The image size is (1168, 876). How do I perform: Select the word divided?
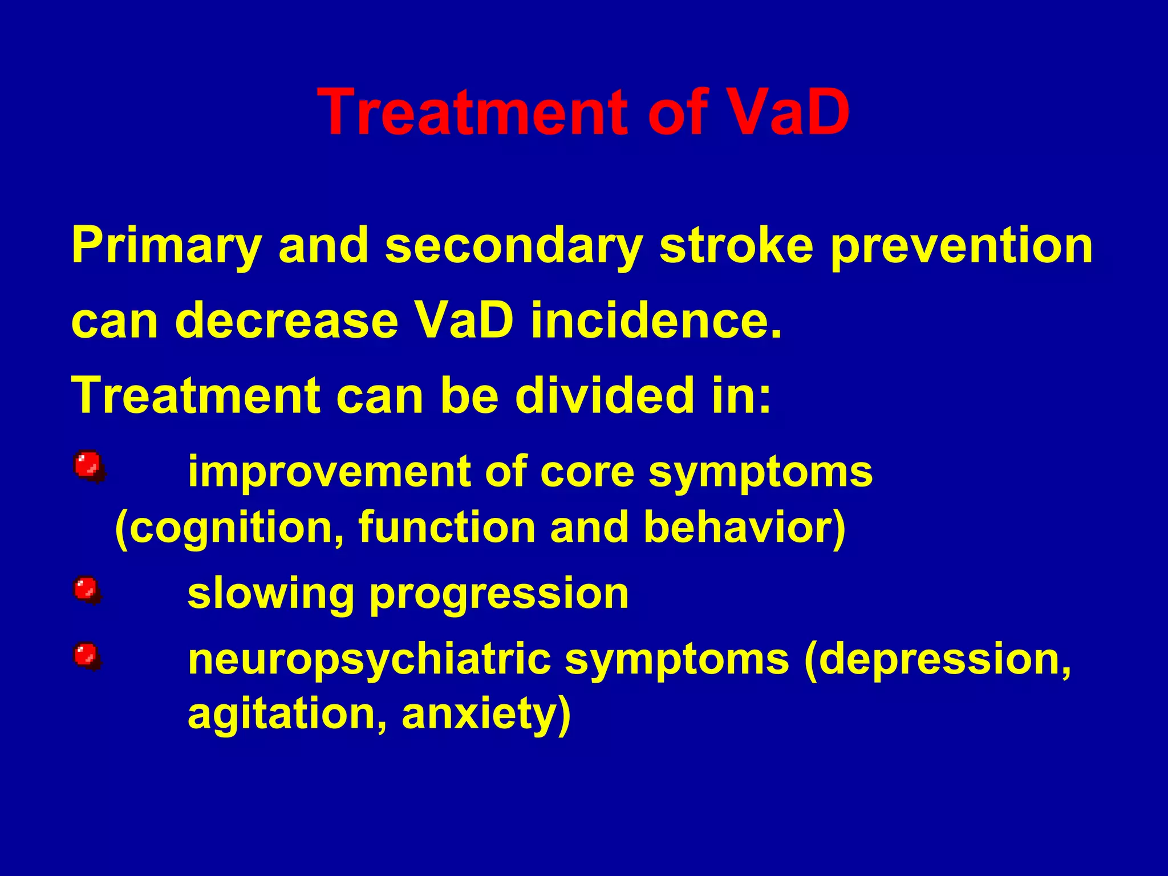(602, 395)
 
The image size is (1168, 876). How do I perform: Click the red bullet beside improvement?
(88, 467)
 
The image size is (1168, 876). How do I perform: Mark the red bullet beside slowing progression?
(87, 590)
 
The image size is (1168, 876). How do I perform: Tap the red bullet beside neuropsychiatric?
(87, 656)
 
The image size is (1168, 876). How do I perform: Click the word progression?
(499, 594)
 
